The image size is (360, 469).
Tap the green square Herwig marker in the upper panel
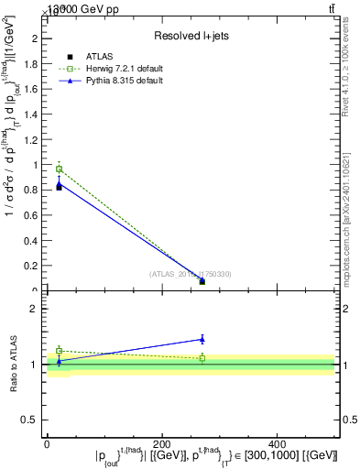coord(60,169)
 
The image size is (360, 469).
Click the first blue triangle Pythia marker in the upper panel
coord(60,183)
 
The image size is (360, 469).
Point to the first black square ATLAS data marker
coord(59,187)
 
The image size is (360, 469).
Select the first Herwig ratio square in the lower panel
coord(60,351)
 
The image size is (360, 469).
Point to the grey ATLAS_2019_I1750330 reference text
coord(191,274)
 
